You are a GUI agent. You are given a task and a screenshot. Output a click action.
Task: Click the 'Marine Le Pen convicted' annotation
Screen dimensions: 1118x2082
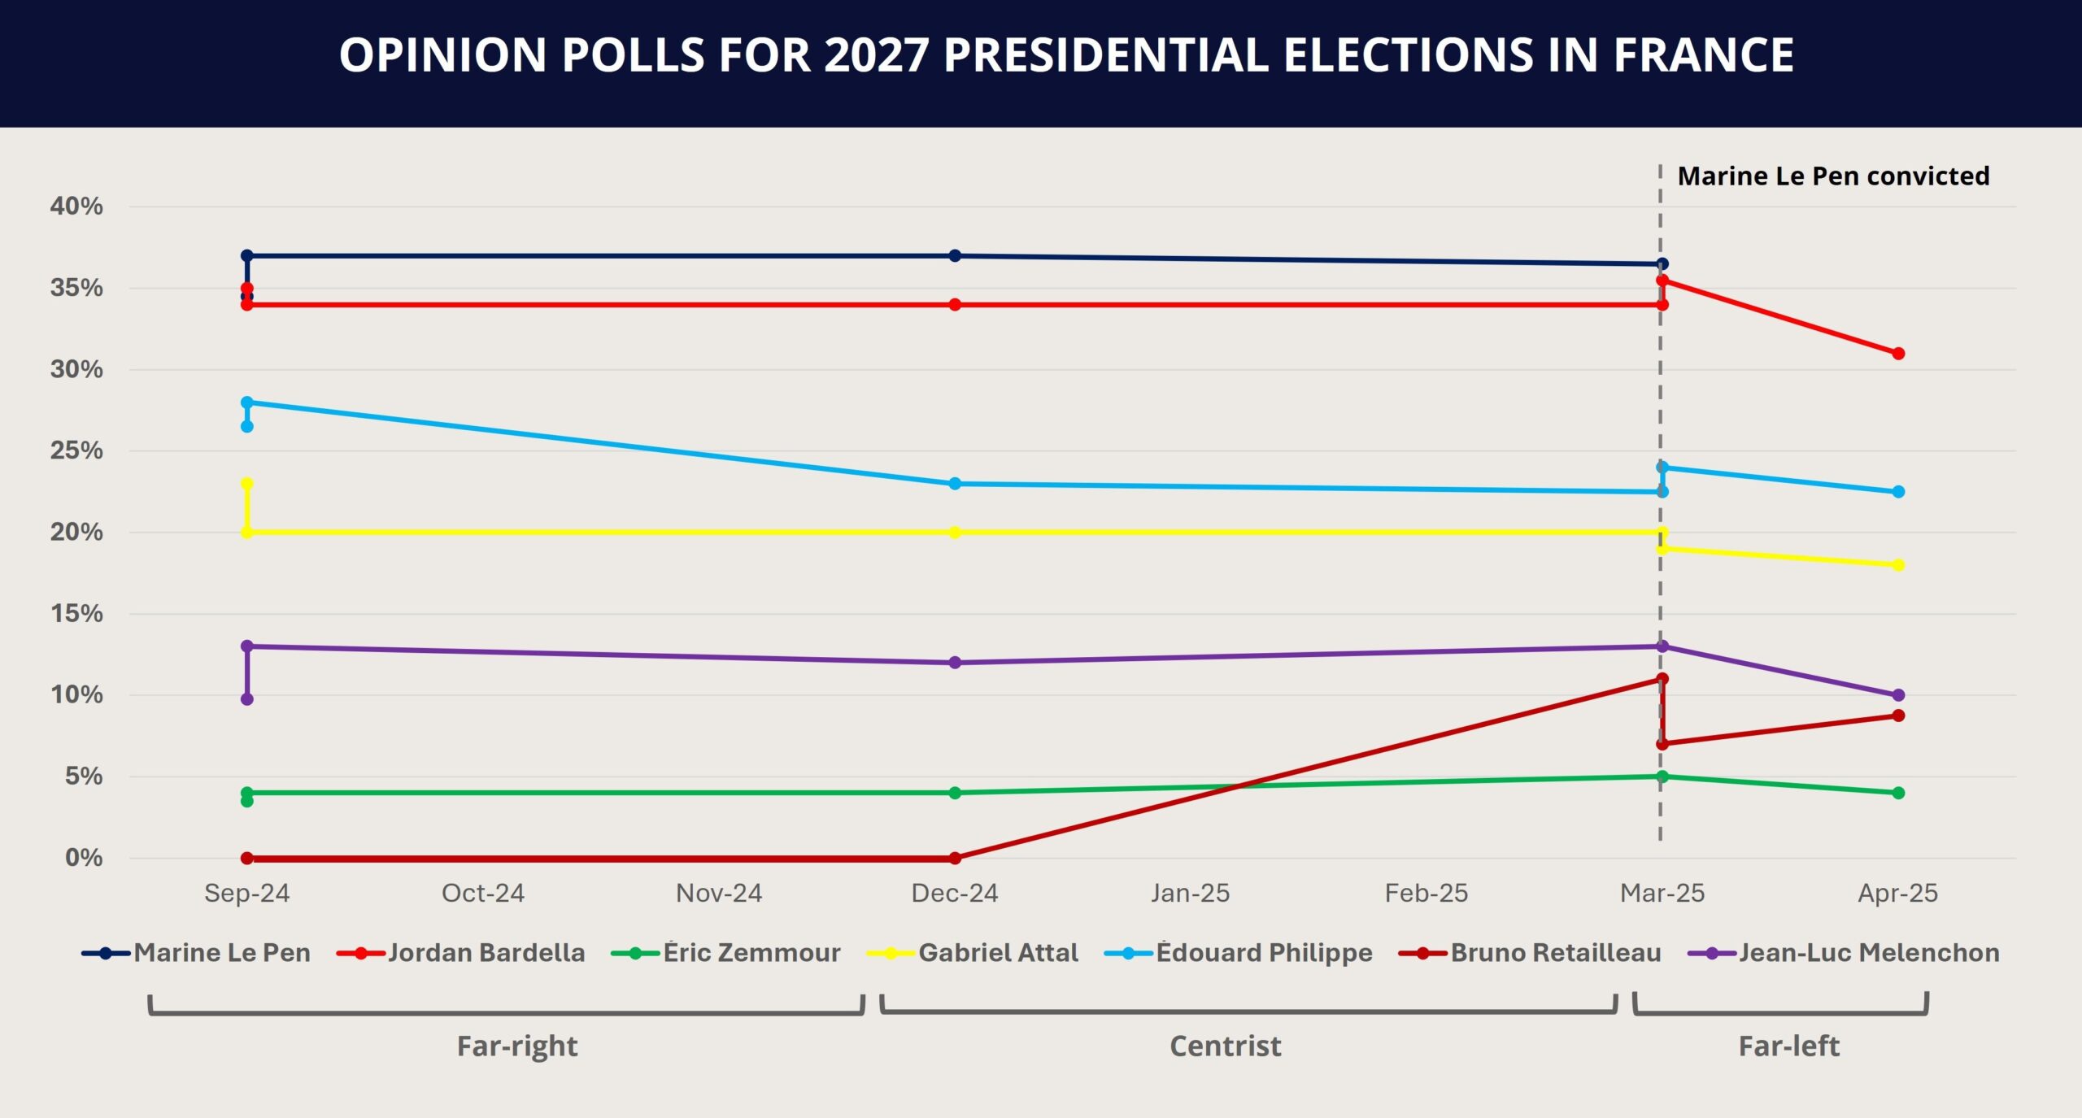pos(1833,176)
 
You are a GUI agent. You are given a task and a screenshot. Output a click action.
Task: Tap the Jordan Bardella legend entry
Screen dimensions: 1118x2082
pos(486,953)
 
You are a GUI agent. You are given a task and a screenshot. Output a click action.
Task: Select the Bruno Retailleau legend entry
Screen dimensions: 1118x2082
pos(1555,953)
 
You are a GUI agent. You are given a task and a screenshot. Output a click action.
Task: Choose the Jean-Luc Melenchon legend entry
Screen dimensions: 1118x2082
pos(1868,953)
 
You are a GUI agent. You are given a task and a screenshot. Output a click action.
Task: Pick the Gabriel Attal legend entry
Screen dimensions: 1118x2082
pos(997,953)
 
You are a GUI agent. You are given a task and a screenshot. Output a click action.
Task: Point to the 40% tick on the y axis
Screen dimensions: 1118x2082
pos(76,207)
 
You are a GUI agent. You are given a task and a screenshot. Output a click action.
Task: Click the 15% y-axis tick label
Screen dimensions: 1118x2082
pos(76,614)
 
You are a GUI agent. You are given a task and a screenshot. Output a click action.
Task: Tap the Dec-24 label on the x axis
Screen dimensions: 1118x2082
pos(955,894)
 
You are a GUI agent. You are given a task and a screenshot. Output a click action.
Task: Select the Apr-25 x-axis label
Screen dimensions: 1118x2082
pos(1897,894)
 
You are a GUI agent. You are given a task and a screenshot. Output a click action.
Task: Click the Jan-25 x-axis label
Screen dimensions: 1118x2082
pos(1190,894)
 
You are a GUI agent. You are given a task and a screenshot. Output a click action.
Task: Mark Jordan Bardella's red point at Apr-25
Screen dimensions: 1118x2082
pos(1898,354)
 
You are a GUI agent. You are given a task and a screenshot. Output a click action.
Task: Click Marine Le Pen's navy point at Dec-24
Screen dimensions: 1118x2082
pos(955,256)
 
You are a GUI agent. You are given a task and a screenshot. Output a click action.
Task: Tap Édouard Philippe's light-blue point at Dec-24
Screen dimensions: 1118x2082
pos(955,484)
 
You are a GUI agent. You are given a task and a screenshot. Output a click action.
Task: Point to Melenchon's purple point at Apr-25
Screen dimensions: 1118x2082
pos(1898,695)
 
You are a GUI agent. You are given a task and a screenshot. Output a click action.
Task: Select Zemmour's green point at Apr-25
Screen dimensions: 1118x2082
pos(1898,793)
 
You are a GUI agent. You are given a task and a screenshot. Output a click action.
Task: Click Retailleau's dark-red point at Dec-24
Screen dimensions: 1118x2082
pos(955,858)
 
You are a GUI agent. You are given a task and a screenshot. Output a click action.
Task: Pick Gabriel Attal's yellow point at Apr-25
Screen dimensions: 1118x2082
pos(1898,565)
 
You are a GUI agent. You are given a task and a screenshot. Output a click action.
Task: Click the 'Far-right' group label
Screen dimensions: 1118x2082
pos(517,1046)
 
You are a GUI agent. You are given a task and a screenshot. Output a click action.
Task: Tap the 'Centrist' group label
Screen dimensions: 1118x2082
pos(1225,1046)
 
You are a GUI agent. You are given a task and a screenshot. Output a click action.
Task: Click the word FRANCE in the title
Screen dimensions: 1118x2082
pos(1703,55)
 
